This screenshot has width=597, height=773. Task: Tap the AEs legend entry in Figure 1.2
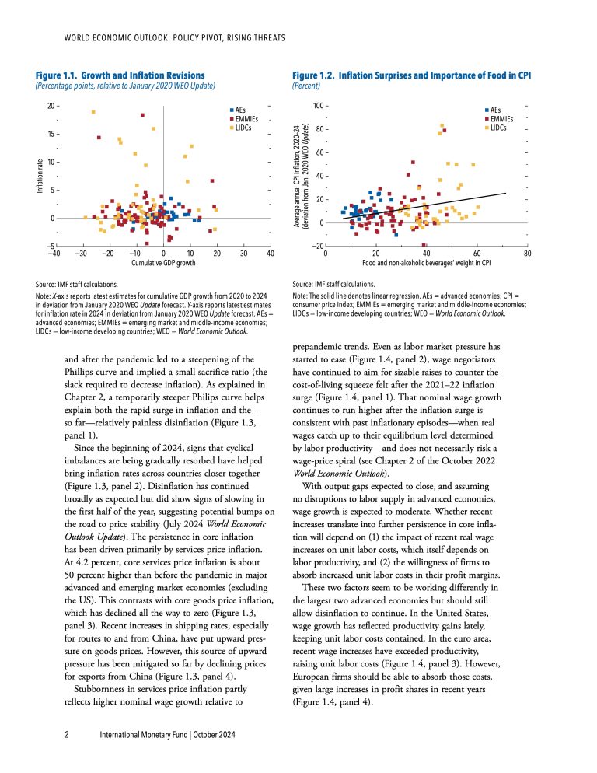tap(495, 111)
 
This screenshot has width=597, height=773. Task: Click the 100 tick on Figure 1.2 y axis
tap(318, 106)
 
